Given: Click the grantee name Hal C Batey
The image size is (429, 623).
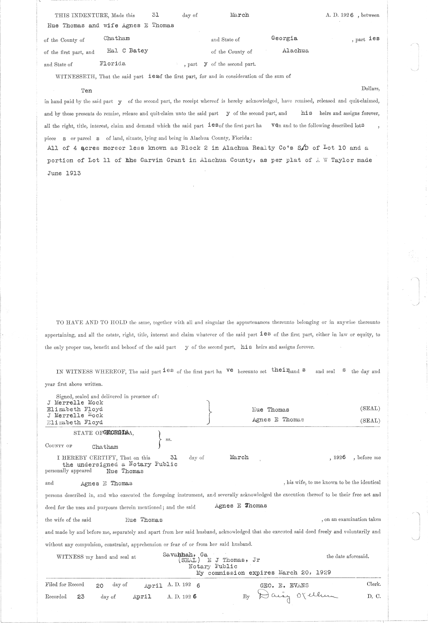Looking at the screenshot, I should (127, 51).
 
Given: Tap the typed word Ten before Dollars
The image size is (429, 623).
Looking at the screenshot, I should (87, 91).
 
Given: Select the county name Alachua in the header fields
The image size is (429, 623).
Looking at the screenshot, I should (295, 51).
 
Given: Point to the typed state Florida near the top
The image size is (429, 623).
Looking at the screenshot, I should (113, 64).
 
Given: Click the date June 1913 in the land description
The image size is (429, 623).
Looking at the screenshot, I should (64, 173).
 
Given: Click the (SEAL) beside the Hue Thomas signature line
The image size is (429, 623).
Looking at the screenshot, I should (370, 408).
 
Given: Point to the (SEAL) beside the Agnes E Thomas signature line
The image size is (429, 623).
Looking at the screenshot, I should (370, 421).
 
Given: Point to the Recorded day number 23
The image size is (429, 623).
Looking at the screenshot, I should (81, 597).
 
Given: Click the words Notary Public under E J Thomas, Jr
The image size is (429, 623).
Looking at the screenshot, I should (213, 566).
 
